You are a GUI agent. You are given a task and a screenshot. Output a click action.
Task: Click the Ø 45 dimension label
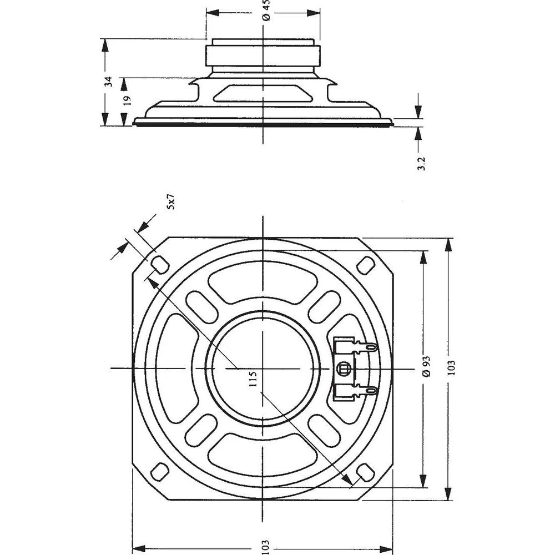pyautogui.click(x=266, y=11)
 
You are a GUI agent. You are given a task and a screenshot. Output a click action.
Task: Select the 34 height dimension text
pyautogui.click(x=109, y=82)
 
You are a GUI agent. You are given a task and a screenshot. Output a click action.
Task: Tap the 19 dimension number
pyautogui.click(x=127, y=100)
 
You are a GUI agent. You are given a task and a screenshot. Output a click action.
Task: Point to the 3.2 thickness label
pyautogui.click(x=421, y=163)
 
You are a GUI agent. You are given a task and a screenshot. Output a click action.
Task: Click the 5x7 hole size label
pyautogui.click(x=171, y=201)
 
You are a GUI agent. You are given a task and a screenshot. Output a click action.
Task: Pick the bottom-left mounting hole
pyautogui.click(x=160, y=472)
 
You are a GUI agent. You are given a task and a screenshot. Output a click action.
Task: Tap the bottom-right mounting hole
pyautogui.click(x=365, y=472)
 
